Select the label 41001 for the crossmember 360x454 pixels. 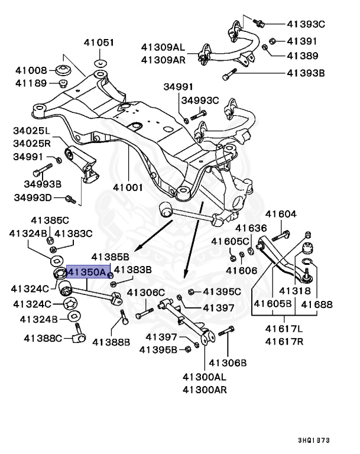click(x=129, y=189)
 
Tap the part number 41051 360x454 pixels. click(x=99, y=43)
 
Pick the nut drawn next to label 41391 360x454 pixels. click(x=273, y=41)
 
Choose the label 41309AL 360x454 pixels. click(x=163, y=46)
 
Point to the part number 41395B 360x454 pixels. click(x=158, y=349)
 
